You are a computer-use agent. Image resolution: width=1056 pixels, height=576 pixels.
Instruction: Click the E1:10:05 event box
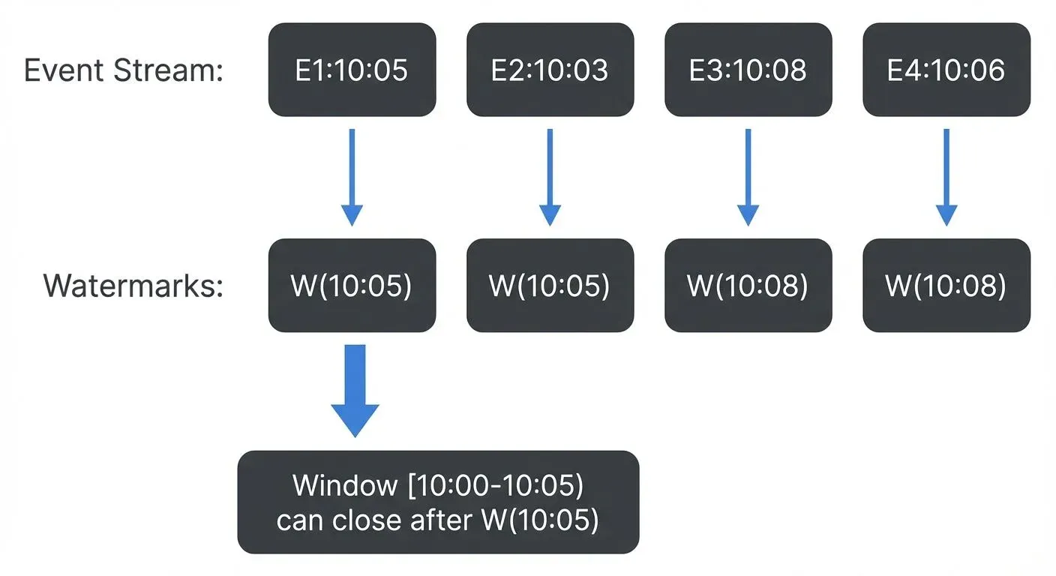click(x=352, y=70)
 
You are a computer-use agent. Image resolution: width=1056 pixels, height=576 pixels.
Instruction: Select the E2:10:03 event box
click(x=550, y=70)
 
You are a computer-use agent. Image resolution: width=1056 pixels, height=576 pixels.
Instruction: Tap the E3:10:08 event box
click(x=748, y=70)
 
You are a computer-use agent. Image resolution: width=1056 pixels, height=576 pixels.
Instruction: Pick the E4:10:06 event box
click(x=946, y=70)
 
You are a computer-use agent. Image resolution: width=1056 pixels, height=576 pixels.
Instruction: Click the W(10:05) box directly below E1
click(x=352, y=286)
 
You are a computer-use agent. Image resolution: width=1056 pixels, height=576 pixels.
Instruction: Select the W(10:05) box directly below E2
click(x=550, y=286)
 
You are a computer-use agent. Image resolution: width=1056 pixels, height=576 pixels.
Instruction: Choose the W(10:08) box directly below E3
click(x=748, y=286)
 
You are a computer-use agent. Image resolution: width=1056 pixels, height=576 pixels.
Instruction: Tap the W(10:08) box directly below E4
click(x=946, y=286)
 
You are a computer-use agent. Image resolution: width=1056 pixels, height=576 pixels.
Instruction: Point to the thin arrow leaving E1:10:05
click(x=352, y=177)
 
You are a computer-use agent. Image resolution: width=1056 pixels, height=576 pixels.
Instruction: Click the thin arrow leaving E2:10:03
click(x=550, y=177)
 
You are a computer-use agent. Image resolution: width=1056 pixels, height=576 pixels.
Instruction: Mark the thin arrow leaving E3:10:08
click(x=748, y=177)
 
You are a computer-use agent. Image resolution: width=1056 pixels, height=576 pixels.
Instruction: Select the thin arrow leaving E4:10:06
click(x=946, y=177)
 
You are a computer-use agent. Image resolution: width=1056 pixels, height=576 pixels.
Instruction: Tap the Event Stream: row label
click(x=124, y=70)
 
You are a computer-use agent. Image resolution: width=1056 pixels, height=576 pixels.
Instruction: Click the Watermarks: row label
click(x=133, y=286)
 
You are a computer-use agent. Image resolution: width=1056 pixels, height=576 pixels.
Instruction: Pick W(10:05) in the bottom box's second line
click(x=539, y=520)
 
